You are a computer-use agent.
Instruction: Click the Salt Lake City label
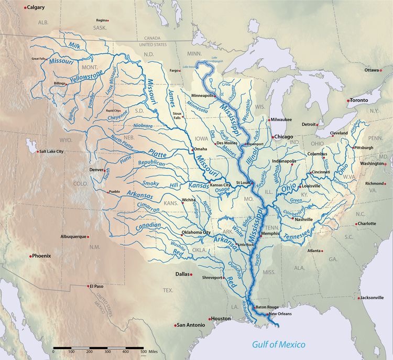(50, 151)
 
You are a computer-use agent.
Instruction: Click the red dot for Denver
(106, 170)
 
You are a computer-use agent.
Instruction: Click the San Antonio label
(191, 325)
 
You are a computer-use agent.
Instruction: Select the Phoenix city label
(41, 256)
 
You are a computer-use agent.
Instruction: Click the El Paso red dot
(88, 286)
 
